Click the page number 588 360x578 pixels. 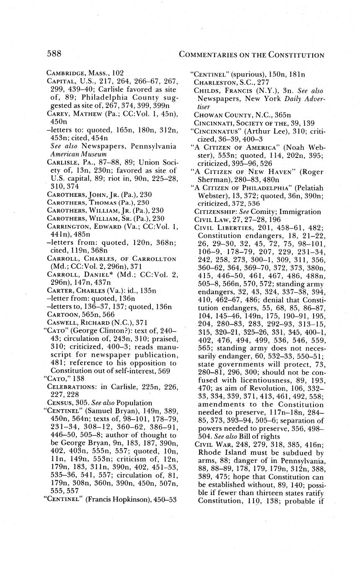click(x=54, y=54)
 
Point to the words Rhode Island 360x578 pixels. click(x=219, y=453)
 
